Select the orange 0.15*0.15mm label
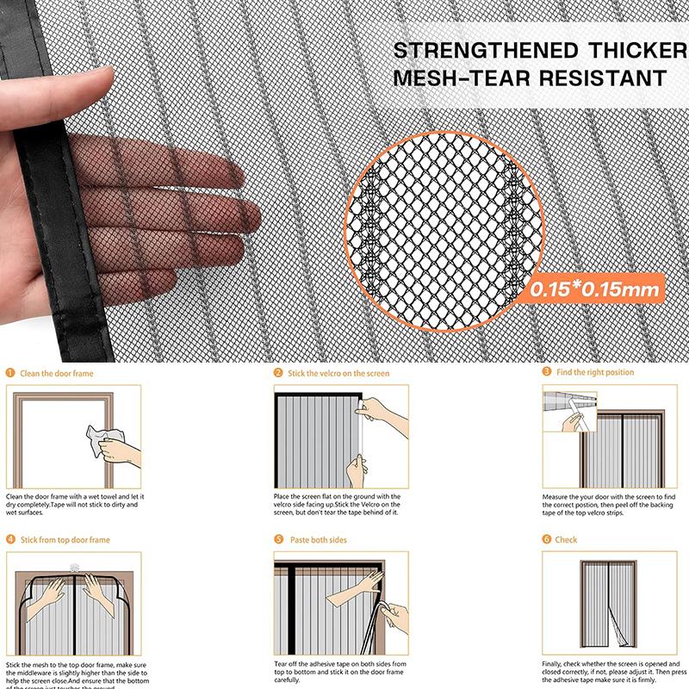[595, 289]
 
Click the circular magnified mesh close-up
[444, 220]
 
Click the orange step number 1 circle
[10, 374]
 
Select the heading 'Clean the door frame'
[57, 374]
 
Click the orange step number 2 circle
[278, 373]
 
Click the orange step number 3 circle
[547, 372]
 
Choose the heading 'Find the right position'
[595, 372]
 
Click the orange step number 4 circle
[10, 540]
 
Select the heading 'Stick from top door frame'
[65, 540]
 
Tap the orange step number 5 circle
[278, 539]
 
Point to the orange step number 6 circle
[547, 539]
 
